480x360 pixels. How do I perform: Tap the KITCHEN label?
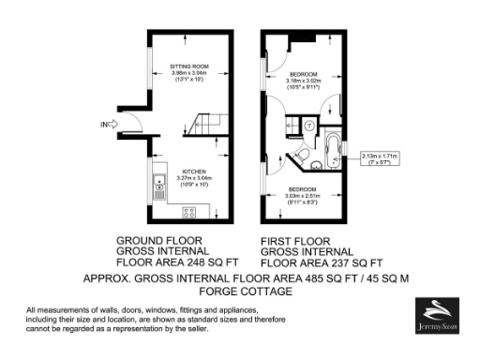193,172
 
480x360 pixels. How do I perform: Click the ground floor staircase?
205,122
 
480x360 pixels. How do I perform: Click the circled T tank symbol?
308,125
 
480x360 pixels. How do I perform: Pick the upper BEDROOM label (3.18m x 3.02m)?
303,74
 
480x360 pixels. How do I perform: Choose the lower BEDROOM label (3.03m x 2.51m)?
302,189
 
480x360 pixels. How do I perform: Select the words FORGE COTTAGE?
240,292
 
